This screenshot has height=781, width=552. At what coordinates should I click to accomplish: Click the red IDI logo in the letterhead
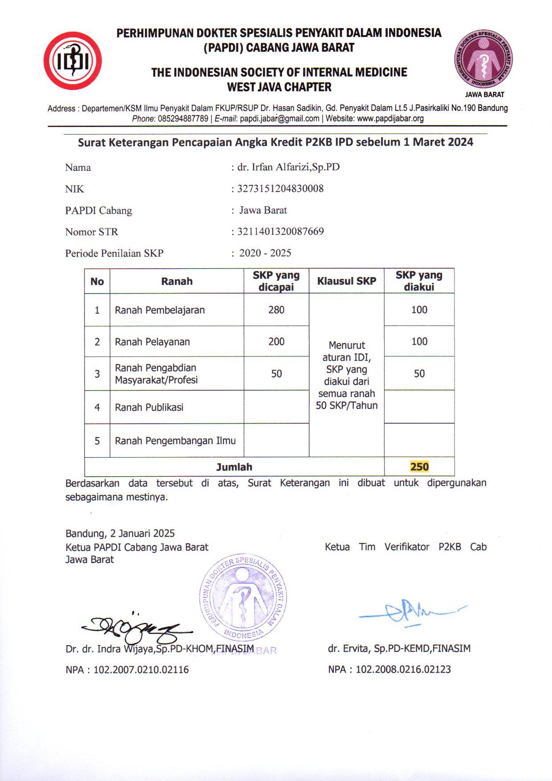point(73,61)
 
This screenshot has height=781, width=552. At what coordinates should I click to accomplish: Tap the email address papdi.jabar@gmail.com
point(280,119)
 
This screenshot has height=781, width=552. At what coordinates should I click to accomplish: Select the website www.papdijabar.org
point(390,119)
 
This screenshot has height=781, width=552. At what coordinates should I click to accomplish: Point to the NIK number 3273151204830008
point(280,188)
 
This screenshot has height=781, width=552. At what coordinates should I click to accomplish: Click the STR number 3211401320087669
point(280,231)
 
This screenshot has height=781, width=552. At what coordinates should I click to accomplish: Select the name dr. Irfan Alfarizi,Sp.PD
point(288,167)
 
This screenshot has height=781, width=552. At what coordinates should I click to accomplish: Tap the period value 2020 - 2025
point(265,253)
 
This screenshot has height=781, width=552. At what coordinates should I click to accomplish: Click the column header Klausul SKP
point(346,281)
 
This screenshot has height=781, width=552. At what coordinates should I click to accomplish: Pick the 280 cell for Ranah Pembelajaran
point(276,310)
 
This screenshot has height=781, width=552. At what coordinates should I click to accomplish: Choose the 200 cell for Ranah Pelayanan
point(276,342)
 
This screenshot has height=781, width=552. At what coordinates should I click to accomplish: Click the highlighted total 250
point(419,467)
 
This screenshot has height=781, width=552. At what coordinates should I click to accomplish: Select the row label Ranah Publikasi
point(149,407)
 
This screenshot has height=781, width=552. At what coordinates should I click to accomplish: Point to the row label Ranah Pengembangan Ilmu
point(175,441)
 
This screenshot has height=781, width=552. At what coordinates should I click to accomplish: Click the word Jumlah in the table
point(234,467)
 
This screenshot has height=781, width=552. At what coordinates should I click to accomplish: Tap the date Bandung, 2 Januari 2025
point(120,533)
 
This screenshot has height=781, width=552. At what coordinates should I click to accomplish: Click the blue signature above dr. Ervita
point(410,613)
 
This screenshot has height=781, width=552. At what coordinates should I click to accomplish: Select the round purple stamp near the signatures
point(243,597)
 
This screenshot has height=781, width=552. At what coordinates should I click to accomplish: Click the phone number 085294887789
point(183,119)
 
